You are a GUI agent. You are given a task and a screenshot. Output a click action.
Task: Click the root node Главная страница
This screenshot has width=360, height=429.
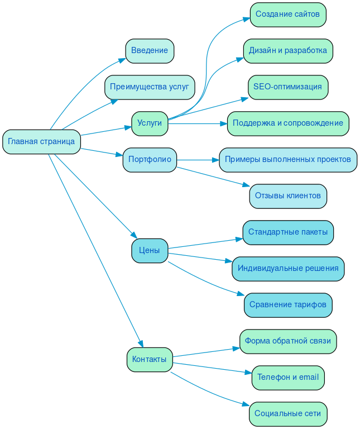(x=41, y=141)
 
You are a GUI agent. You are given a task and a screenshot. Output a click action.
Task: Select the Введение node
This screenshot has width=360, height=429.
(x=150, y=51)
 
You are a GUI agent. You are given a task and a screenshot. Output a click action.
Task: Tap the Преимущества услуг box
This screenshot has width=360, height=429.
(x=150, y=87)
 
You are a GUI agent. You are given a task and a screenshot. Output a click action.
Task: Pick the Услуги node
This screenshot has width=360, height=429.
(x=150, y=123)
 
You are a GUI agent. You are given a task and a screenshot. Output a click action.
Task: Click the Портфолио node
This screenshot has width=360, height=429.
(x=150, y=159)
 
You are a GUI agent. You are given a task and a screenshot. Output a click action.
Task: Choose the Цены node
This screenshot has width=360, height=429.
(x=150, y=250)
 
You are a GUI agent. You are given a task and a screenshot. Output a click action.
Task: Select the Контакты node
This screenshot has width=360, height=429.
(x=150, y=359)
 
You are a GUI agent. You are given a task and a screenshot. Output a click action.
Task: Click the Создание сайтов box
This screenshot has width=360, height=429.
(x=287, y=15)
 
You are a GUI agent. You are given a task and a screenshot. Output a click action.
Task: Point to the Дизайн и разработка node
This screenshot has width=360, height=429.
(x=287, y=51)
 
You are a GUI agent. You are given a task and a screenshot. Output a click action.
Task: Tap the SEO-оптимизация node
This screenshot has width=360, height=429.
(x=287, y=87)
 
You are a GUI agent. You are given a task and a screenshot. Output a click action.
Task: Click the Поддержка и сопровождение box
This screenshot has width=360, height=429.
(x=287, y=123)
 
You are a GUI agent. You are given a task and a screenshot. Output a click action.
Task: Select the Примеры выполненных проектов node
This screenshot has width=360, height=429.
(x=287, y=159)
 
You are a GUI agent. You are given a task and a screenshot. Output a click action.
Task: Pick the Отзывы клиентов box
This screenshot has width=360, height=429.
(x=287, y=196)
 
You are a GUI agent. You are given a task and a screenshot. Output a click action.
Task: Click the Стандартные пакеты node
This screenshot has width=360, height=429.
(x=287, y=232)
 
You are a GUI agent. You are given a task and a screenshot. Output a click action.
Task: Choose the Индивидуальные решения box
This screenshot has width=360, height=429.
(x=287, y=268)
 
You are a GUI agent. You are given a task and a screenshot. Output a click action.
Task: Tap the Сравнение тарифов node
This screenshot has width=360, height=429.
(x=287, y=304)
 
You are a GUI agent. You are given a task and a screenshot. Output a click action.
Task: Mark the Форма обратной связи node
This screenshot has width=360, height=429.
(x=287, y=341)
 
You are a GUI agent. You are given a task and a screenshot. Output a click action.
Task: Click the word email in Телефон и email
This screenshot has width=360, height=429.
(x=309, y=377)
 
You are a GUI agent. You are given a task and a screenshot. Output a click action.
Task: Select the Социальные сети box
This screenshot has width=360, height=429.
(x=287, y=413)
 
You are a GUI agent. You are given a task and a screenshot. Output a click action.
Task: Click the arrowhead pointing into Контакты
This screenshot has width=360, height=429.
(x=141, y=344)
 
